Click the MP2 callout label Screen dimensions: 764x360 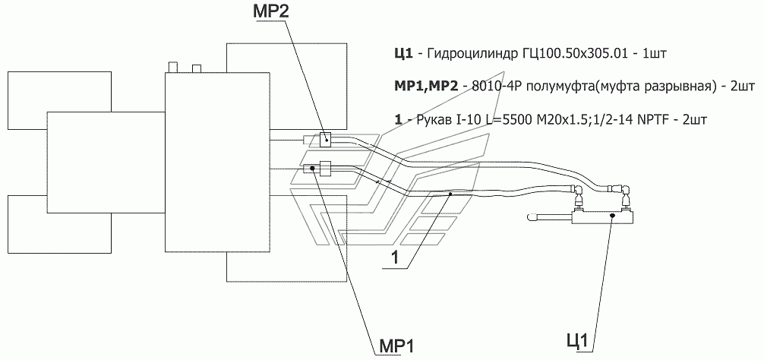point(270,11)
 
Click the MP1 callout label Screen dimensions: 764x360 point(396,346)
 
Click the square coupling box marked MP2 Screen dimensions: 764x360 point(325,139)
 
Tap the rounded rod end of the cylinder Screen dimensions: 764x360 point(532,217)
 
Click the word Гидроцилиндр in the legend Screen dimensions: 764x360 point(459,54)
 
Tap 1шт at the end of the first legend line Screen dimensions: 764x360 point(654,54)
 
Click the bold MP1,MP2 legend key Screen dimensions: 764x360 point(426,87)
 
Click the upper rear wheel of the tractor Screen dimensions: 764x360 point(286,84)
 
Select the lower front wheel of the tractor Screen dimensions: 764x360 point(61,224)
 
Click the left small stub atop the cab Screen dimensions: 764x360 point(172,68)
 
